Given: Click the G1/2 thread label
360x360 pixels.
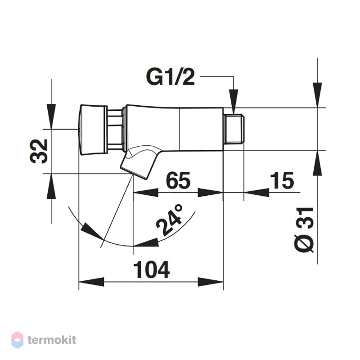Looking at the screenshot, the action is pos(171,77).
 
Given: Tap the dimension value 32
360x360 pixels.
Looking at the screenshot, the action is pos(39,151).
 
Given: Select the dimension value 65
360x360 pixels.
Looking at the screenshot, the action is pos(178,180).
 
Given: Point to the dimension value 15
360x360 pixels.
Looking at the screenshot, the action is pos(282,180).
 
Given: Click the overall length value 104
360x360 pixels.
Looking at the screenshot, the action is pos(152,269).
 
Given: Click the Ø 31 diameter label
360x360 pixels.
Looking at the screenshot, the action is pos(304,230).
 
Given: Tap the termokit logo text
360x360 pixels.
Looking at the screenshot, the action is pos(52,340).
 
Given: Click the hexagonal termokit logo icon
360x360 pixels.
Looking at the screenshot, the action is pos(17,340).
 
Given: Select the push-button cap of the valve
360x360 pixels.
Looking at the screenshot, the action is pos(93,130).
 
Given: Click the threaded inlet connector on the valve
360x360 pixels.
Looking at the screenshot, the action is pos(234,129).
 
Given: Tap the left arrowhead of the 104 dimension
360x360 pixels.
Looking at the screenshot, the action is pos(91,282).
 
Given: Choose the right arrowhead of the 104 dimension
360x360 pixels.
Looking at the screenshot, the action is pos(211,282).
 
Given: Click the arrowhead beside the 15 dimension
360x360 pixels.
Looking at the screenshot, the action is pos(256,193).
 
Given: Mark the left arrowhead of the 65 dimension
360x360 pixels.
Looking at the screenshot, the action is pos(146,193).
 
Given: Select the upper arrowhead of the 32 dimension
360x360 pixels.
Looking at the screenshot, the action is pos(51,117).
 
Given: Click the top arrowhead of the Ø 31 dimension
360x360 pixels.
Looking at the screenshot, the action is pos(317,95).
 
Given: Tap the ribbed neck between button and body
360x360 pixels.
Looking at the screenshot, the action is pos(115,130).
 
